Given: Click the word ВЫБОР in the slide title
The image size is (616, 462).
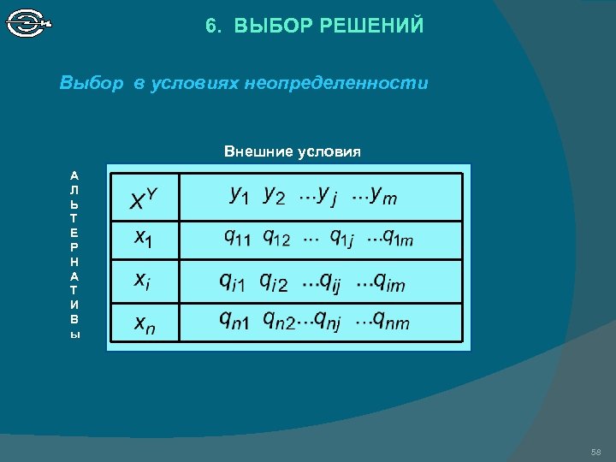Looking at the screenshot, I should [x=274, y=27].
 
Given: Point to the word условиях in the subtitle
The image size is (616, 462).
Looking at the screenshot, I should [x=195, y=84].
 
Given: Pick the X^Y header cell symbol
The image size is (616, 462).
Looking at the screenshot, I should [x=143, y=200].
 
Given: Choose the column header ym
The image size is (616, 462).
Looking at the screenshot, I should [x=376, y=197].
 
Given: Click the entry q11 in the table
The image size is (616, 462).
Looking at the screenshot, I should [x=237, y=236].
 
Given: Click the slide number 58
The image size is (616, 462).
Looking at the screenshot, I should [x=596, y=451].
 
